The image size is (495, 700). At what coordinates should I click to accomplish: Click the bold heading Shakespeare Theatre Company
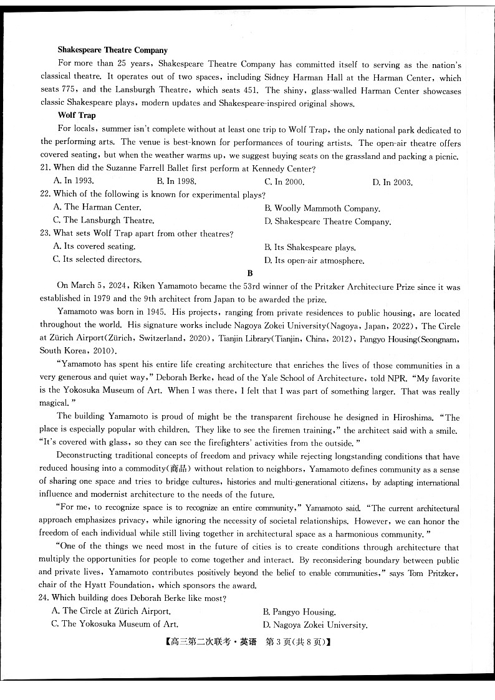[112, 50]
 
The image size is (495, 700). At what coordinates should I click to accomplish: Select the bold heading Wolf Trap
[76, 115]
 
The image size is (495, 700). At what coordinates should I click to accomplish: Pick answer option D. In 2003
[392, 182]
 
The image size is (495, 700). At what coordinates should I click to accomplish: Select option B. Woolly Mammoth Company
[322, 208]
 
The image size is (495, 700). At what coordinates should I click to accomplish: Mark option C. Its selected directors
[97, 259]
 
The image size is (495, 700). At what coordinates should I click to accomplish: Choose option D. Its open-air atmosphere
[314, 261]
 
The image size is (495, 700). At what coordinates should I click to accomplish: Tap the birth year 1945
[152, 313]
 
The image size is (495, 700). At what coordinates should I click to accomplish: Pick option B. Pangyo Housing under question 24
[299, 612]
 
